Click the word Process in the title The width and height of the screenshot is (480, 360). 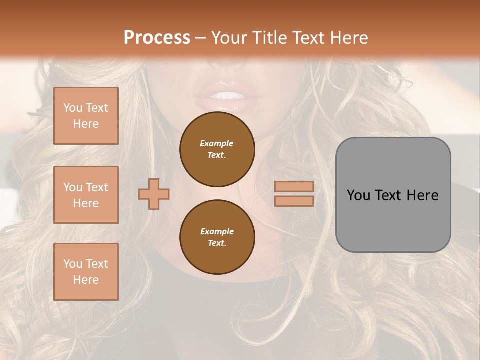click(x=157, y=38)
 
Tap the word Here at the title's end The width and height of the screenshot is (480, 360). click(x=348, y=38)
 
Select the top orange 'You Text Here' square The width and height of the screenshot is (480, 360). click(x=86, y=116)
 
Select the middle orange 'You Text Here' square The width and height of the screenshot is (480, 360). click(x=86, y=195)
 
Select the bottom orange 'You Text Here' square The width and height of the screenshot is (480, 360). click(x=86, y=272)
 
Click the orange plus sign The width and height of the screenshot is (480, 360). click(x=154, y=194)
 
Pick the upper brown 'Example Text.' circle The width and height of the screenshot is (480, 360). click(x=217, y=149)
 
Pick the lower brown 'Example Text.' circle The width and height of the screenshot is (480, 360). click(x=217, y=237)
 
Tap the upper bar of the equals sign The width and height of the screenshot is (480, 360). click(x=294, y=187)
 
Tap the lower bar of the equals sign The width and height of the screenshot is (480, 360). click(x=294, y=201)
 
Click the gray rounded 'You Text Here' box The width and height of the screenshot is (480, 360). click(x=393, y=195)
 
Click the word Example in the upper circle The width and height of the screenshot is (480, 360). click(x=217, y=143)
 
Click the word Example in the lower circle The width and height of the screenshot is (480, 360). click(x=217, y=231)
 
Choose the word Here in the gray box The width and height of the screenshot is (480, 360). click(x=422, y=195)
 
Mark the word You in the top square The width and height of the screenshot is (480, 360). click(x=72, y=108)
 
